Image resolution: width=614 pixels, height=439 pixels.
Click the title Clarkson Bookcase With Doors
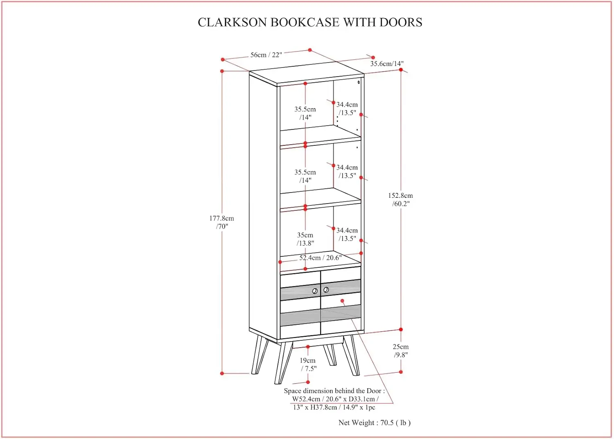tap(310, 22)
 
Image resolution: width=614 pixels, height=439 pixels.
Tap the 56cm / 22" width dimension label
tap(266, 55)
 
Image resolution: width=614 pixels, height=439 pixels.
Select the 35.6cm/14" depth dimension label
tap(387, 63)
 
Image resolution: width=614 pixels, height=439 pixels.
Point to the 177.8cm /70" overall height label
tap(222, 222)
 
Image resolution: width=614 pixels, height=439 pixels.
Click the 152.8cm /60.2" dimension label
tap(400, 199)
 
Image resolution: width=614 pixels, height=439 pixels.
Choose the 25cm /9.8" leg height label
tap(401, 351)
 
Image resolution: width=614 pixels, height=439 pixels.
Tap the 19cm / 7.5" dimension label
tap(308, 364)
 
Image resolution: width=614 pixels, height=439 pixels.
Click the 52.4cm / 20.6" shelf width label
tap(320, 258)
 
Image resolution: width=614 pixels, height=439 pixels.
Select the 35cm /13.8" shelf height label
tap(305, 239)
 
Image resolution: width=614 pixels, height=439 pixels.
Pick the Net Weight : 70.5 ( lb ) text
tap(374, 423)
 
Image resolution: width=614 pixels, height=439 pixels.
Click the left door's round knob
tap(315, 291)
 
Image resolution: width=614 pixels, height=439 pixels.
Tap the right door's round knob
tap(326, 290)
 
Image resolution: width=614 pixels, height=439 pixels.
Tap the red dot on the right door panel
tap(342, 301)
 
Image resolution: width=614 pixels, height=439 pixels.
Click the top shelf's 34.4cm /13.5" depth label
tap(347, 109)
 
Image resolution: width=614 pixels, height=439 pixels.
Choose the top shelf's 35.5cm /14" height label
tap(305, 113)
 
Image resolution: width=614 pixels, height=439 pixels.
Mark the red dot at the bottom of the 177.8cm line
tap(222, 373)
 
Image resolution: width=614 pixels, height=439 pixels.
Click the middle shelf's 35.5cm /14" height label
tap(305, 176)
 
